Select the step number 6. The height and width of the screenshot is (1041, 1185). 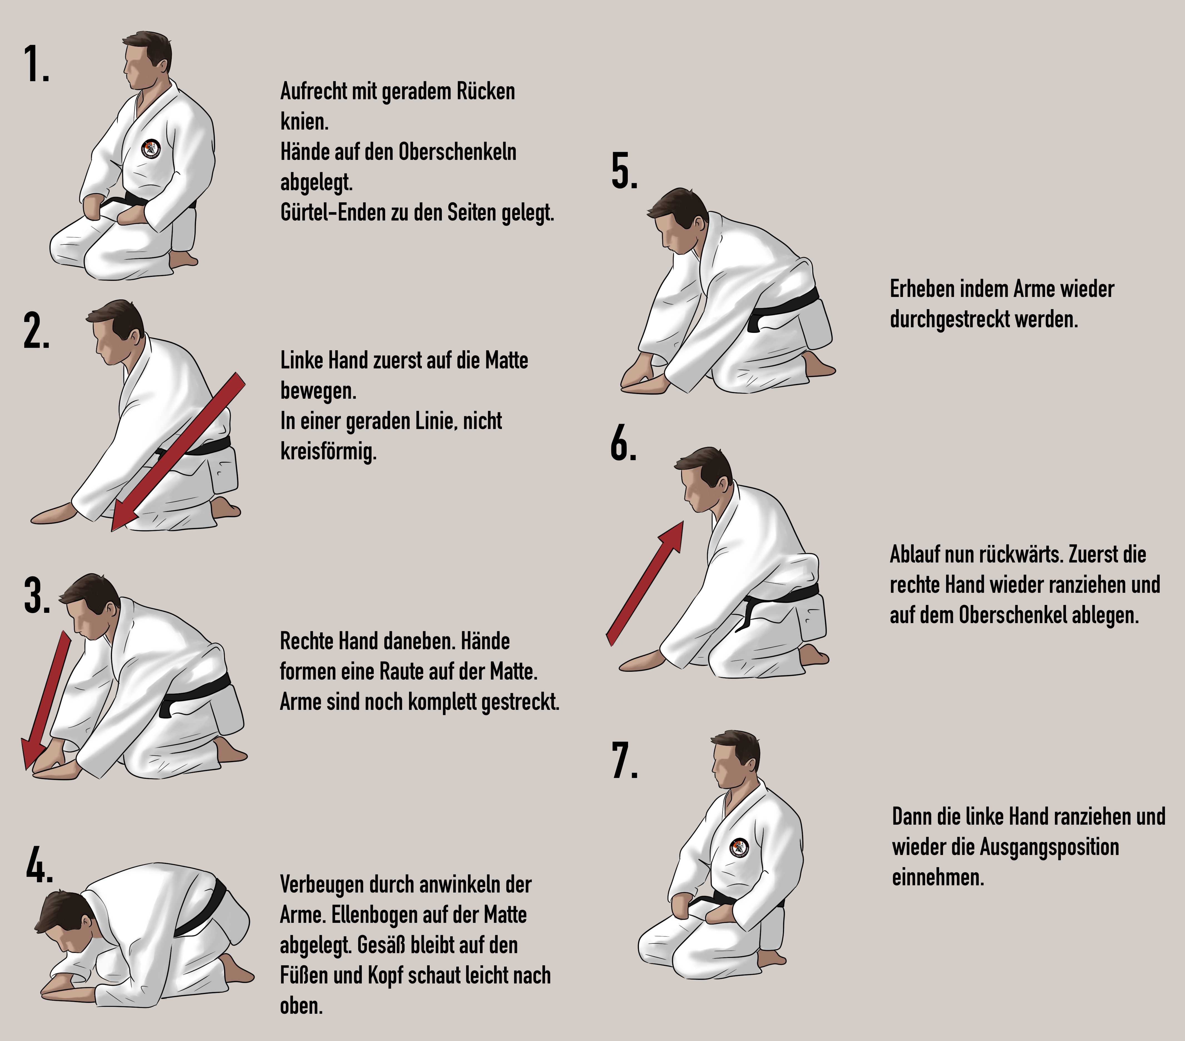pyautogui.click(x=623, y=444)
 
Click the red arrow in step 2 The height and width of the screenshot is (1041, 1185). pyautogui.click(x=178, y=452)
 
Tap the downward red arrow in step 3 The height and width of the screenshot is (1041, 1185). pyautogui.click(x=46, y=701)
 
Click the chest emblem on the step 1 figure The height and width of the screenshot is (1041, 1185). pyautogui.click(x=151, y=150)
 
